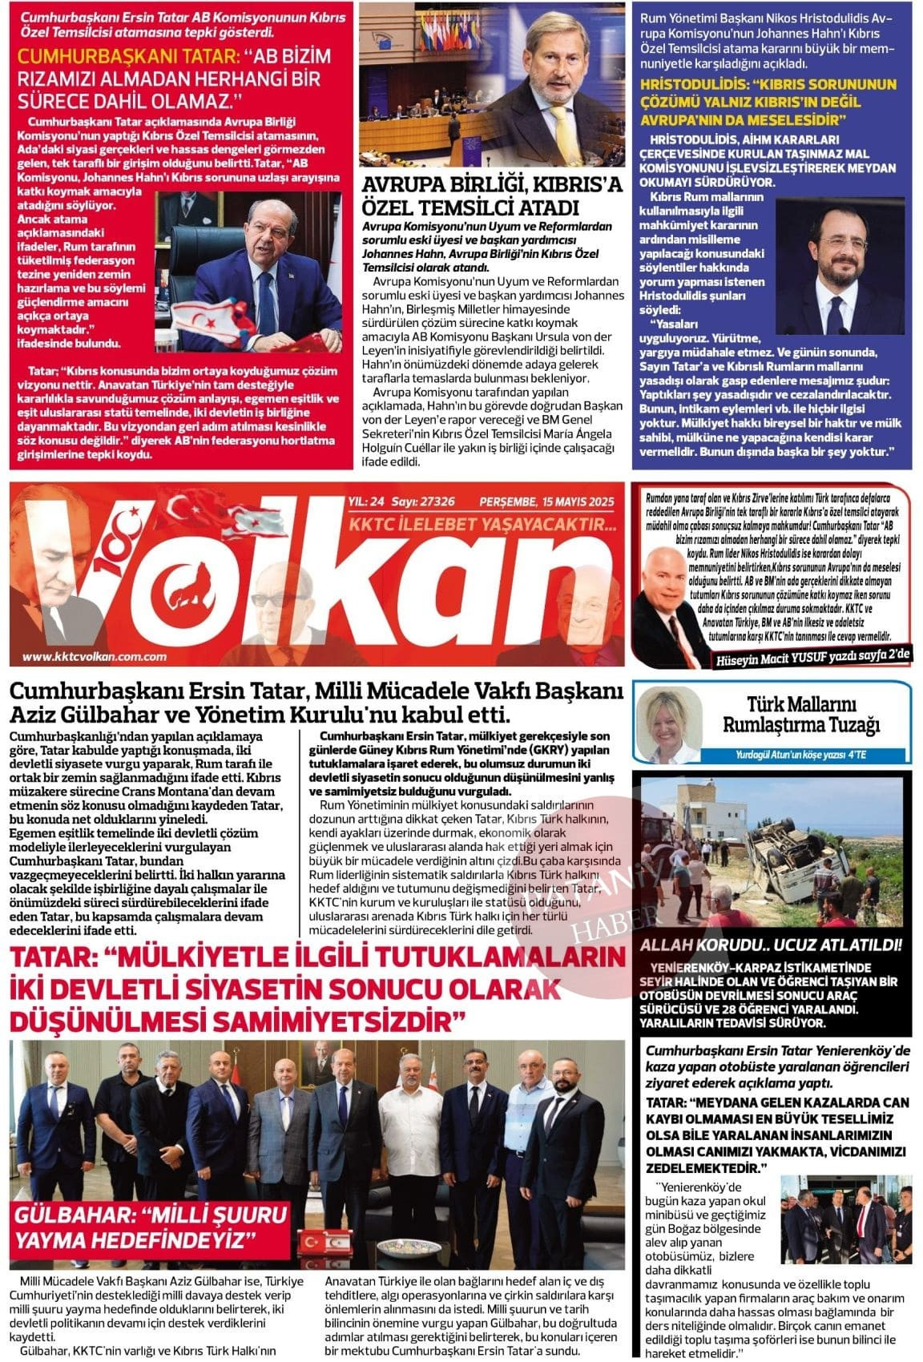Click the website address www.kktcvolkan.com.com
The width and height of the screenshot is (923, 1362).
coord(94,656)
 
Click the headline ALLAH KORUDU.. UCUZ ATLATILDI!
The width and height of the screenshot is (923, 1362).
coord(770,945)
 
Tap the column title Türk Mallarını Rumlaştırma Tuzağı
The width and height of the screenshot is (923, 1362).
coord(800,715)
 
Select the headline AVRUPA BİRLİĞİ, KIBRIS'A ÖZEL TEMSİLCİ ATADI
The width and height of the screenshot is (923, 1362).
coord(492,196)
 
